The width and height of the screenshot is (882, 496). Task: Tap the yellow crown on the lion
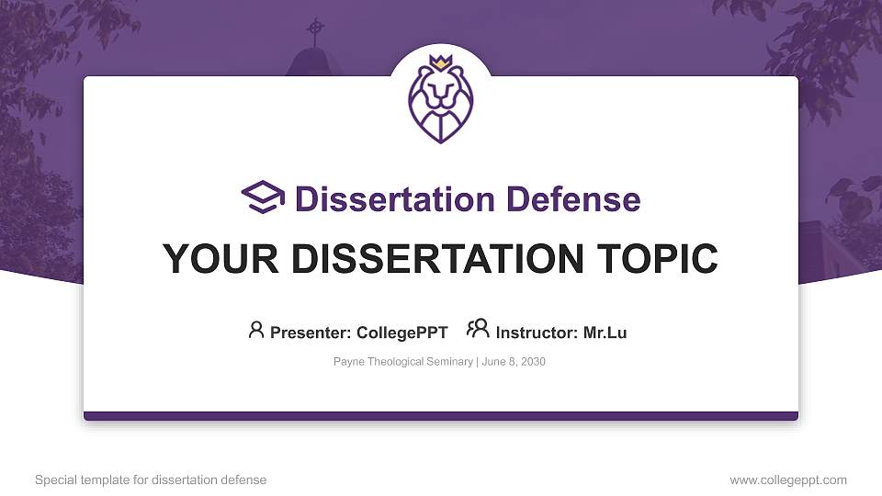click(x=440, y=62)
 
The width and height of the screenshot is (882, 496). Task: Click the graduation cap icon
click(x=263, y=197)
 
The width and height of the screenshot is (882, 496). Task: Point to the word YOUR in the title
click(x=211, y=259)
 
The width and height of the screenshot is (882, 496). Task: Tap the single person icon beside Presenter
click(x=256, y=330)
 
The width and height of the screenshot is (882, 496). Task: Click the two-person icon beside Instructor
click(x=478, y=329)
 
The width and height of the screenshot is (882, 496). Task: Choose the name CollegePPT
click(x=401, y=333)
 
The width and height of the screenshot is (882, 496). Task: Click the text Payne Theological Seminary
click(x=402, y=362)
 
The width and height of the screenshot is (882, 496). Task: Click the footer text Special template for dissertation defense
click(x=151, y=479)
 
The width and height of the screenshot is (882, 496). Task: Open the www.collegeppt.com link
click(x=788, y=479)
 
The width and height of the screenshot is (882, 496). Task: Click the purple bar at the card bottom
click(x=441, y=416)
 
